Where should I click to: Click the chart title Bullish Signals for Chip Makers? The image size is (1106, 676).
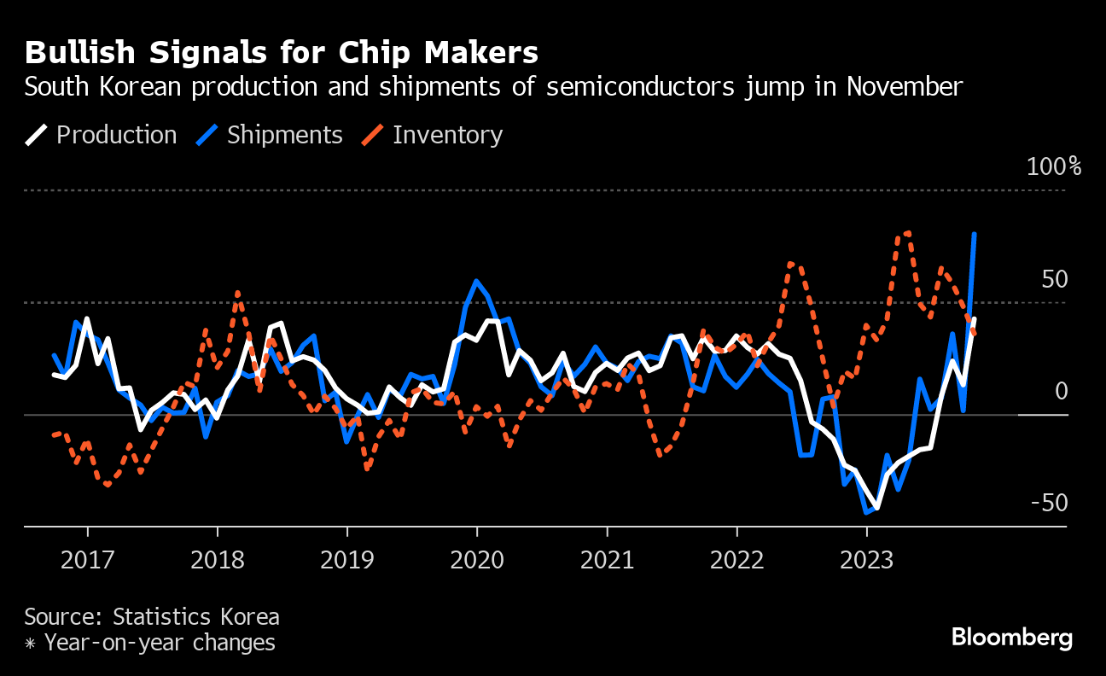(x=282, y=53)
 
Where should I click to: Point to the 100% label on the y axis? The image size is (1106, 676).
(x=1053, y=166)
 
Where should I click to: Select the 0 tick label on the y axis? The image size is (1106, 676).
(x=1061, y=392)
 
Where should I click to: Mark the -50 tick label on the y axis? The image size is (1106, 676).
(x=1049, y=504)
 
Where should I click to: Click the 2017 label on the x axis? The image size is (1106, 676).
(x=87, y=560)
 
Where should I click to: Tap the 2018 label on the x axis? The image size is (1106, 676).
(x=217, y=560)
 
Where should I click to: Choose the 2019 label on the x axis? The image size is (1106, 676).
(x=346, y=560)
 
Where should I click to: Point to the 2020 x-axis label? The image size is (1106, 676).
(x=476, y=560)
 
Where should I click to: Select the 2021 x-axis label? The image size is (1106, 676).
(x=607, y=560)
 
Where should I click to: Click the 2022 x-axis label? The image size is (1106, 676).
(x=736, y=560)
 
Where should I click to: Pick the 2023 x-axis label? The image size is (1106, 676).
(x=866, y=560)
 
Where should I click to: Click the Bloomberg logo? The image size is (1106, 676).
(x=1011, y=637)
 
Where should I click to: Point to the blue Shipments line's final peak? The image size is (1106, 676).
(x=975, y=234)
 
